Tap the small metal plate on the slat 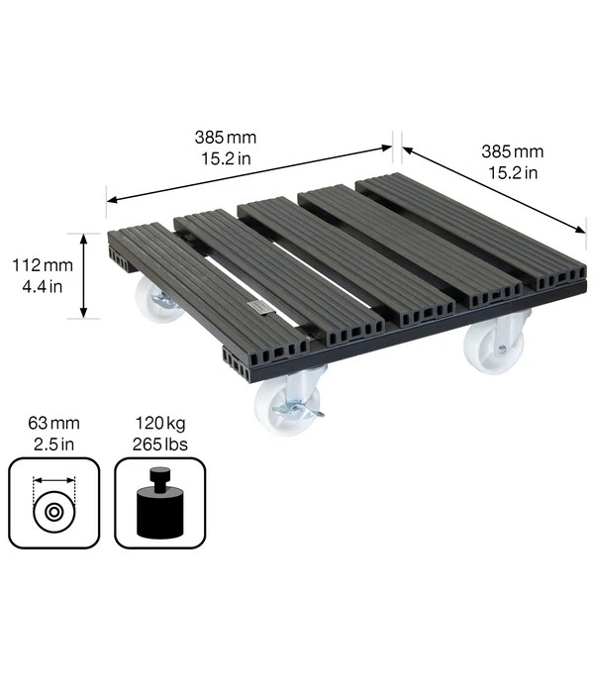click(258, 307)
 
